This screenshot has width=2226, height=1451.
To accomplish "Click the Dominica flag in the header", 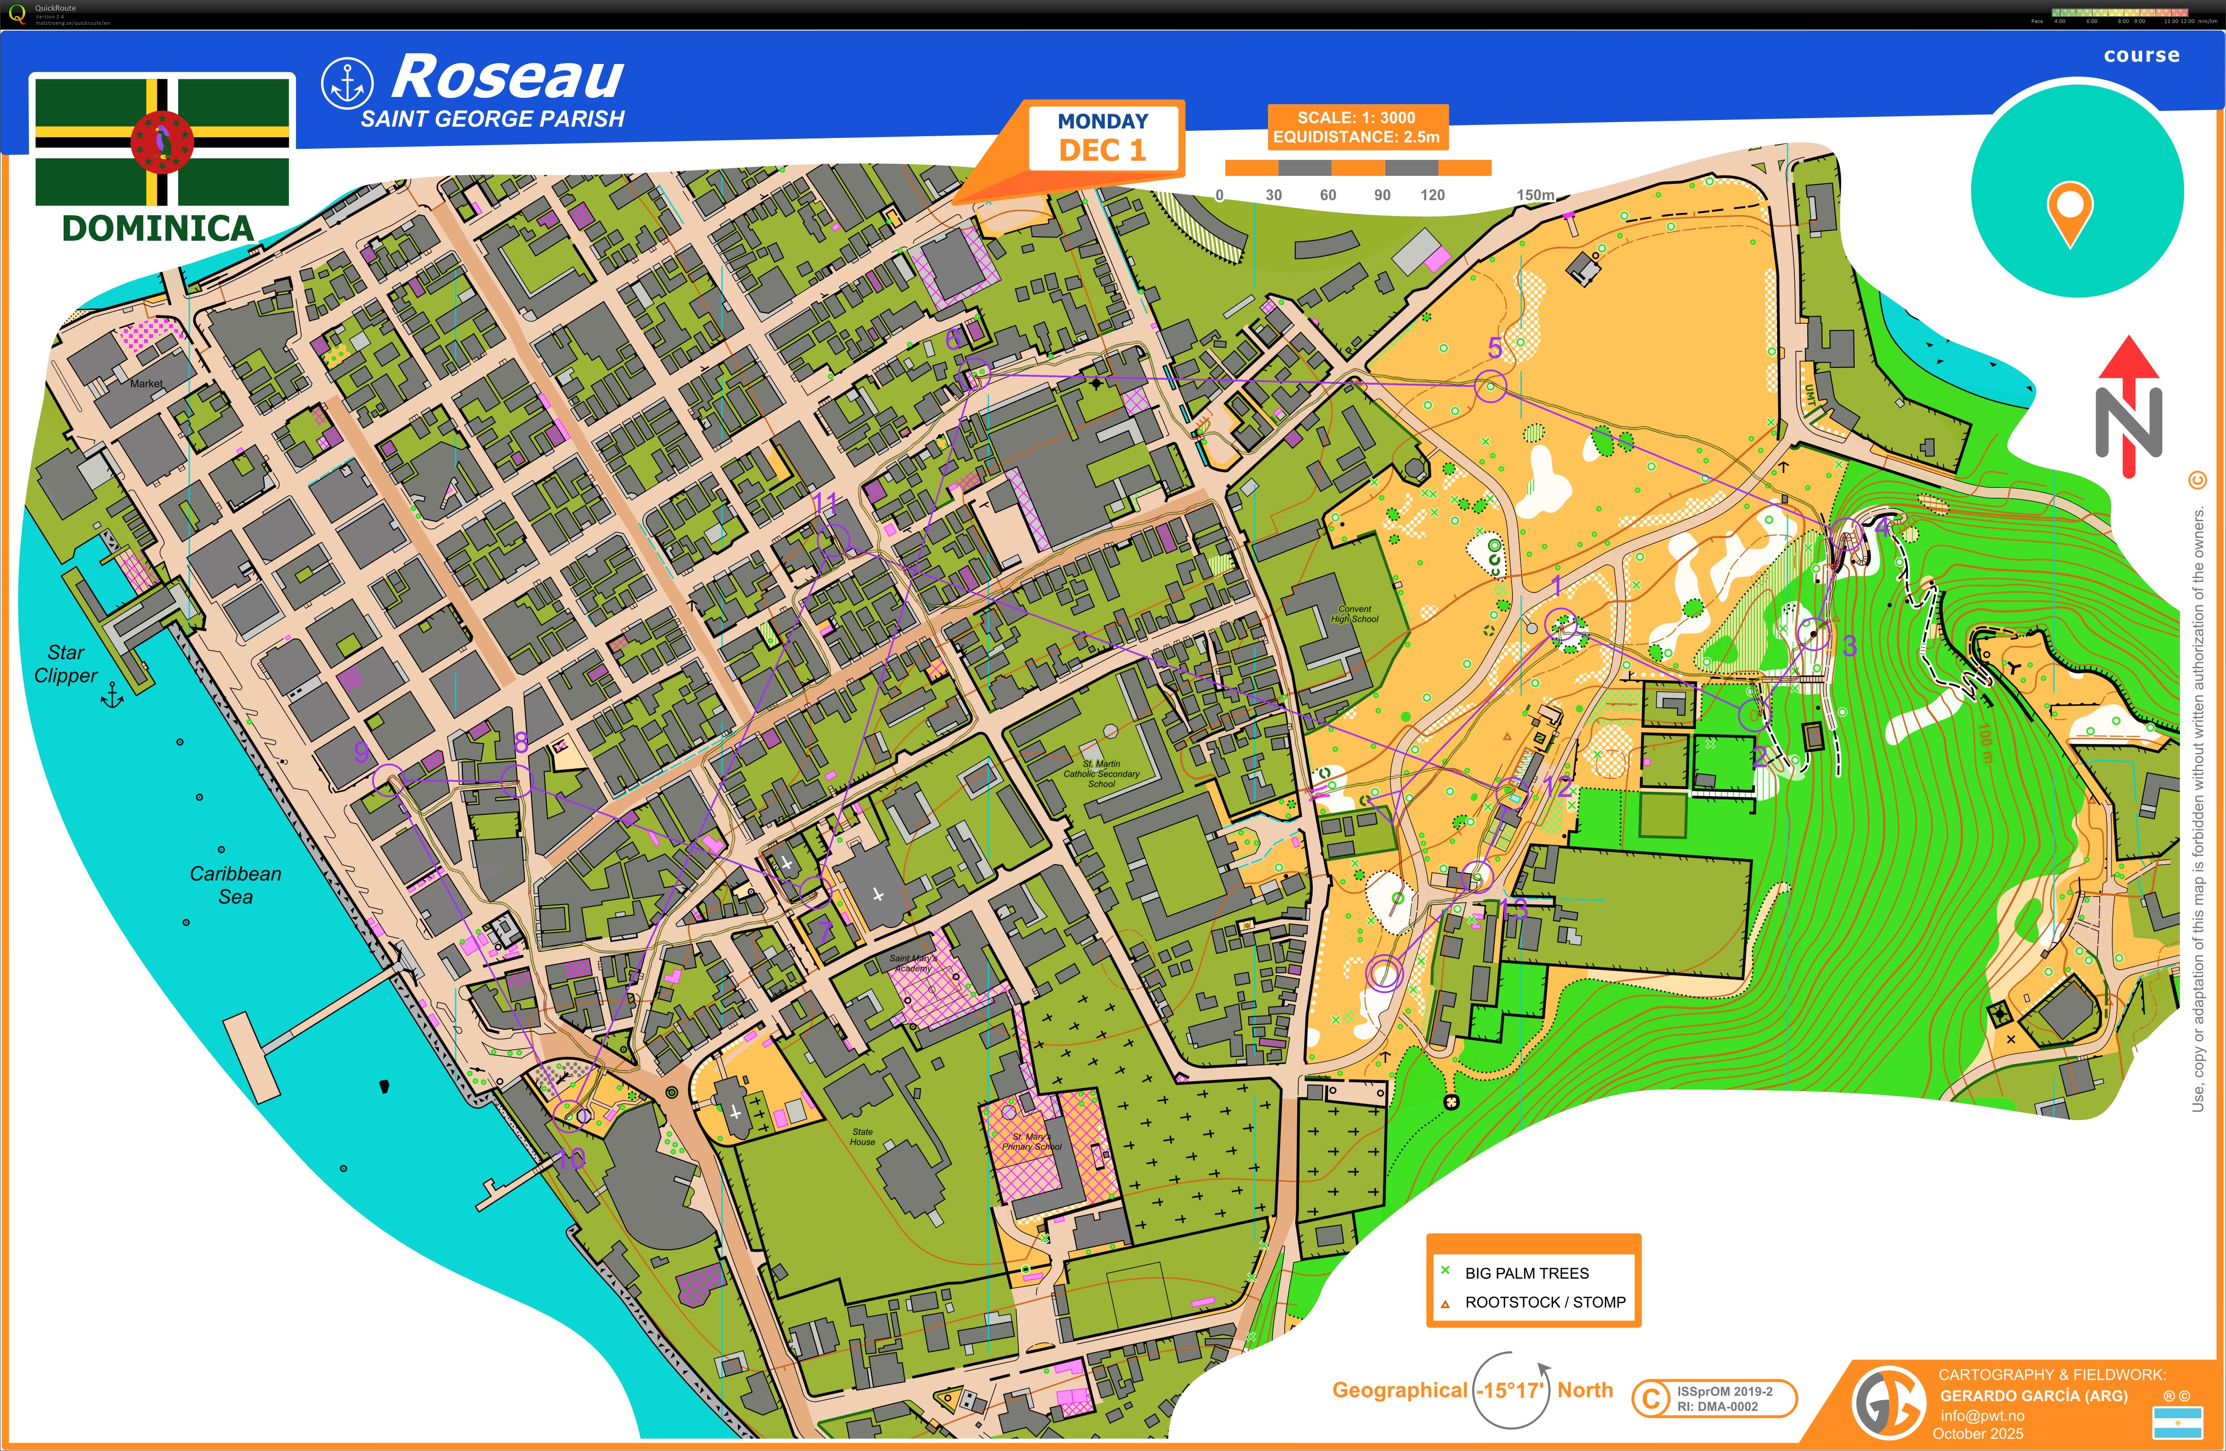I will pyautogui.click(x=162, y=141).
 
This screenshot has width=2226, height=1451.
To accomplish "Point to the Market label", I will pyautogui.click(x=146, y=383).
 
